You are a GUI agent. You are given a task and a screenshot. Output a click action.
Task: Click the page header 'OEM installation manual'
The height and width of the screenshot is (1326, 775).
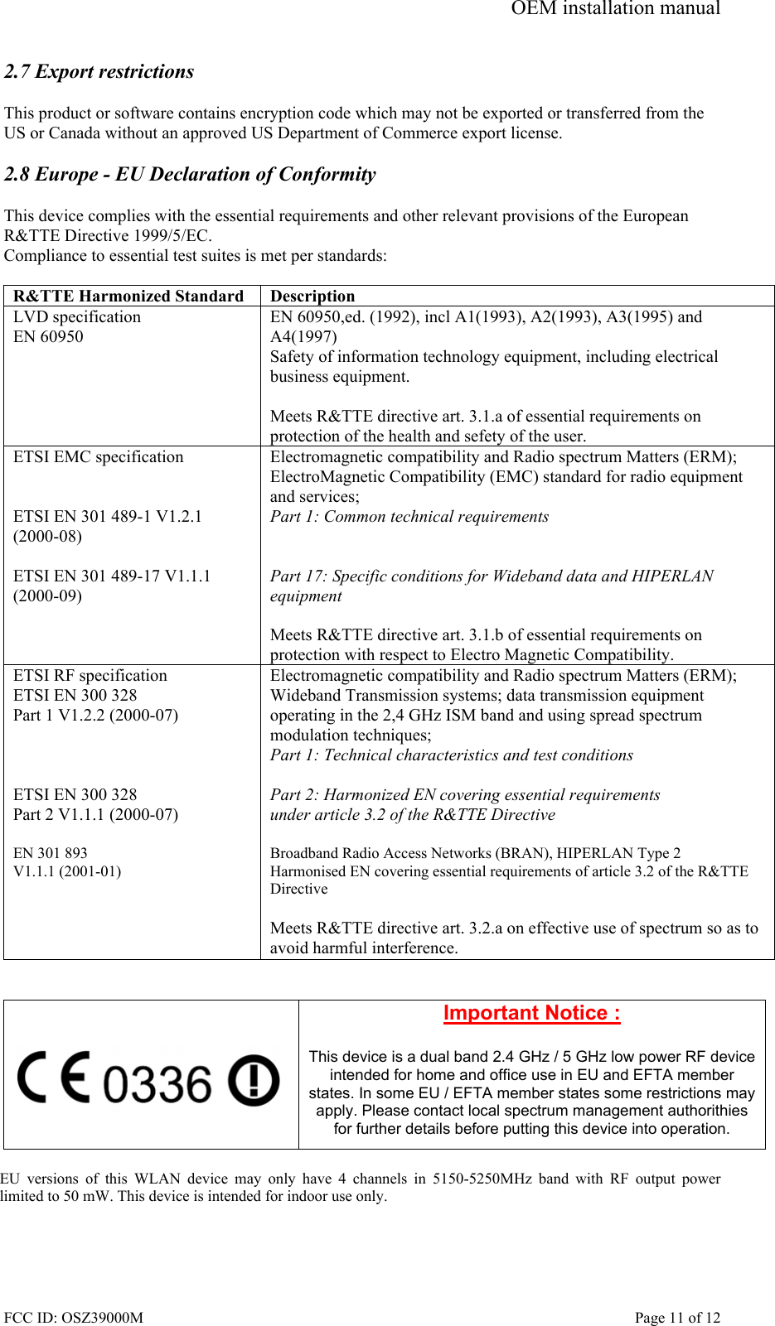tap(615, 9)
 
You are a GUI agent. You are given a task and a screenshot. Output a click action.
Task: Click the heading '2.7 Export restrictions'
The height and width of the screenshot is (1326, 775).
tap(99, 72)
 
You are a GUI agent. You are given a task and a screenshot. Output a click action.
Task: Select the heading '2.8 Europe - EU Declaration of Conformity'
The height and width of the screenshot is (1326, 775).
tap(190, 175)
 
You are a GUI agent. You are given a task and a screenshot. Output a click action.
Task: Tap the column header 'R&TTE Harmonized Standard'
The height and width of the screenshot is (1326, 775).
tap(128, 297)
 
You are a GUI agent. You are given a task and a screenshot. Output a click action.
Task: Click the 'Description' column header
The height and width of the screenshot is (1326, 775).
tap(312, 297)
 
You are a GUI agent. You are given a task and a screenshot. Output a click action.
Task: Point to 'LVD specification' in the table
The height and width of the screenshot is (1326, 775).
tap(77, 317)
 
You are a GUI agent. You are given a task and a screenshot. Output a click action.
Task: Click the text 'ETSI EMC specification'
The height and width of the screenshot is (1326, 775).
tap(98, 457)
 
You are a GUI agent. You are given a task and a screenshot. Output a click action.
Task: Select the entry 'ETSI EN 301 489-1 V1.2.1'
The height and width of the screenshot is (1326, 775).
tap(108, 517)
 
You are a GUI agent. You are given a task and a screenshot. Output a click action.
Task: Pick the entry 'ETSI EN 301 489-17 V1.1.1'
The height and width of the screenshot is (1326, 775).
tap(112, 576)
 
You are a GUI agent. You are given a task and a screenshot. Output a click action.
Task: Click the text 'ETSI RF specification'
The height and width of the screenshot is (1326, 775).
tap(90, 676)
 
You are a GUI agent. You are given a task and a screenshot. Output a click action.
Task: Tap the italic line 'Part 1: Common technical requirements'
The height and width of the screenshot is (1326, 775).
tap(409, 517)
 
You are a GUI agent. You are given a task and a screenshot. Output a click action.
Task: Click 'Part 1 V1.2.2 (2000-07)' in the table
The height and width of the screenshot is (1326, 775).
tap(95, 716)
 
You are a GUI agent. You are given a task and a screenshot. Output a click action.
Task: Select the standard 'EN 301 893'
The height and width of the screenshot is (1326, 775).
tap(50, 853)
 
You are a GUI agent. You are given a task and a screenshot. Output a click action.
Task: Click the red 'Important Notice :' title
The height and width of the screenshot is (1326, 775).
tap(531, 1014)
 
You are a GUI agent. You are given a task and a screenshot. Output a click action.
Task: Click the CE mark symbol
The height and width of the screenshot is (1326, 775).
tap(55, 1077)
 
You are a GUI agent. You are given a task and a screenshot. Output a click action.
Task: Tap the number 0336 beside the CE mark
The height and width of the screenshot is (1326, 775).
tap(157, 1084)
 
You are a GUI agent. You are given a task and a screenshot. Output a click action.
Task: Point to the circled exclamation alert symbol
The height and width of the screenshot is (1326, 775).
tap(254, 1080)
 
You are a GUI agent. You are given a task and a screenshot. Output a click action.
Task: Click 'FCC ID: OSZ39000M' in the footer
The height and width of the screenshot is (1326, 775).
tap(73, 1318)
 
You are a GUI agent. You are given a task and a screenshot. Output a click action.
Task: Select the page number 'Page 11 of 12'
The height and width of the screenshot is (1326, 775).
tap(677, 1318)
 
